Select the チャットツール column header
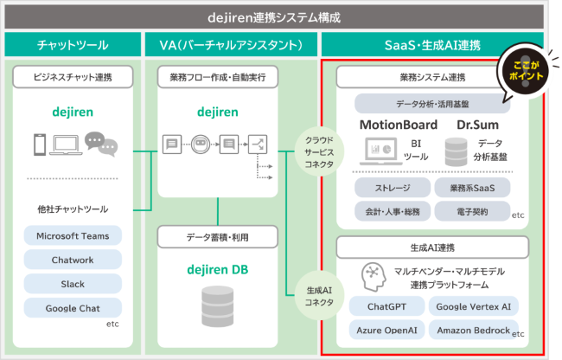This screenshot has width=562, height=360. point(73,45)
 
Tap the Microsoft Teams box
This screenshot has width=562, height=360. point(73,235)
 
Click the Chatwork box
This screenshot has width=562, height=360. point(73,260)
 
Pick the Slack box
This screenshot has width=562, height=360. point(73,284)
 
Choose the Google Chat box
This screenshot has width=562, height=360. point(73,308)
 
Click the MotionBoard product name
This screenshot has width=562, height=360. point(398,125)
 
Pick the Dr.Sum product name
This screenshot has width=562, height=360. point(478,125)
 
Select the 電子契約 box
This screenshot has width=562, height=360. point(472,211)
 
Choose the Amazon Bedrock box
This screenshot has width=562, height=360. point(472,330)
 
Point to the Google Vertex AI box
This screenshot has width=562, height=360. point(472,306)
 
